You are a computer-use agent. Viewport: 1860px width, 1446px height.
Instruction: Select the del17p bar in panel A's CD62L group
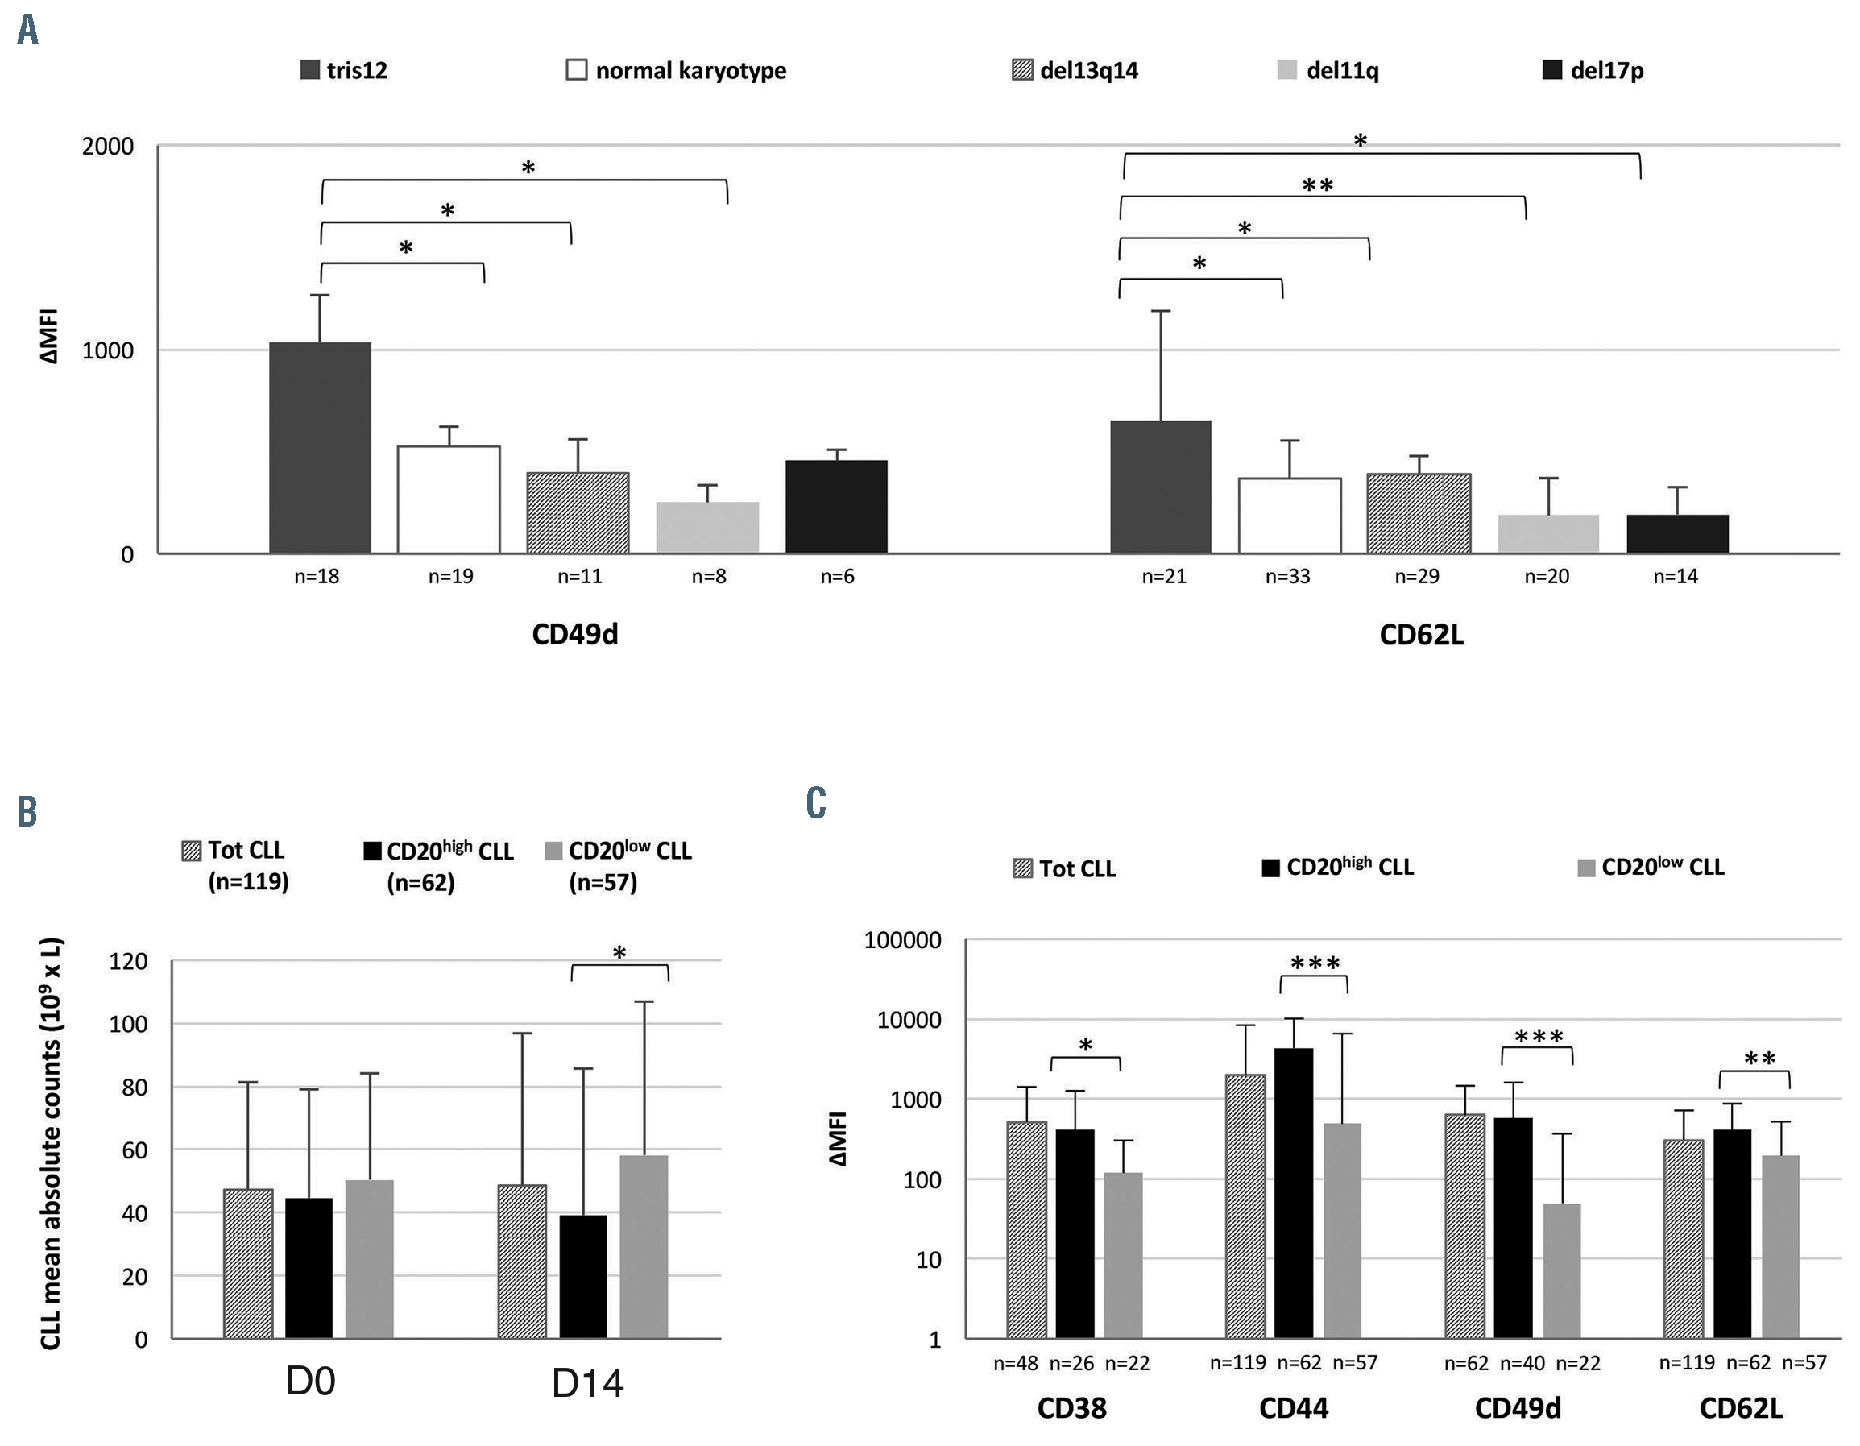[1677, 534]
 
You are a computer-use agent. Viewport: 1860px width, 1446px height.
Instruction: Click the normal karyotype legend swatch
[577, 70]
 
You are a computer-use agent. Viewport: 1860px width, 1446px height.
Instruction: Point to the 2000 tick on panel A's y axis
[108, 147]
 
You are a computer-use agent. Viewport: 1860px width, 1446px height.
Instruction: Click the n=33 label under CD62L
[1288, 578]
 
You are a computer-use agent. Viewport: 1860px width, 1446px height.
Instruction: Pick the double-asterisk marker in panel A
[1318, 185]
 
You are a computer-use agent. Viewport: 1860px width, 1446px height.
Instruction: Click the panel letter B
[27, 810]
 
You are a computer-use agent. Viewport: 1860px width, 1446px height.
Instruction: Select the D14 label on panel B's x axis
[587, 1384]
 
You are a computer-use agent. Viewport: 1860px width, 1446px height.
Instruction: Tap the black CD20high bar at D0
[309, 1267]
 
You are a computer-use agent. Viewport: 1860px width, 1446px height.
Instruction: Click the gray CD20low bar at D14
[644, 1246]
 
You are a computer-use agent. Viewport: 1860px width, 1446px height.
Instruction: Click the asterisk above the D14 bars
[619, 953]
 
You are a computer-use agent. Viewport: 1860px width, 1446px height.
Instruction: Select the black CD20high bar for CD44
[1294, 1192]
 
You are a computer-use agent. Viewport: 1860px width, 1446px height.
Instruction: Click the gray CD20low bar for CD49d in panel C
[1561, 1270]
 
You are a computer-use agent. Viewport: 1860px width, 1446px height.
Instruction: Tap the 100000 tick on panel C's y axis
[903, 941]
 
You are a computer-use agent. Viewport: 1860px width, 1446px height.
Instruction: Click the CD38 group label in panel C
[1071, 1408]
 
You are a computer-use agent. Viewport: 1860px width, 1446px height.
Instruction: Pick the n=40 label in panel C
[1522, 1363]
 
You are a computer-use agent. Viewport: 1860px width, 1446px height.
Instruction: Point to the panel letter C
[816, 802]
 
